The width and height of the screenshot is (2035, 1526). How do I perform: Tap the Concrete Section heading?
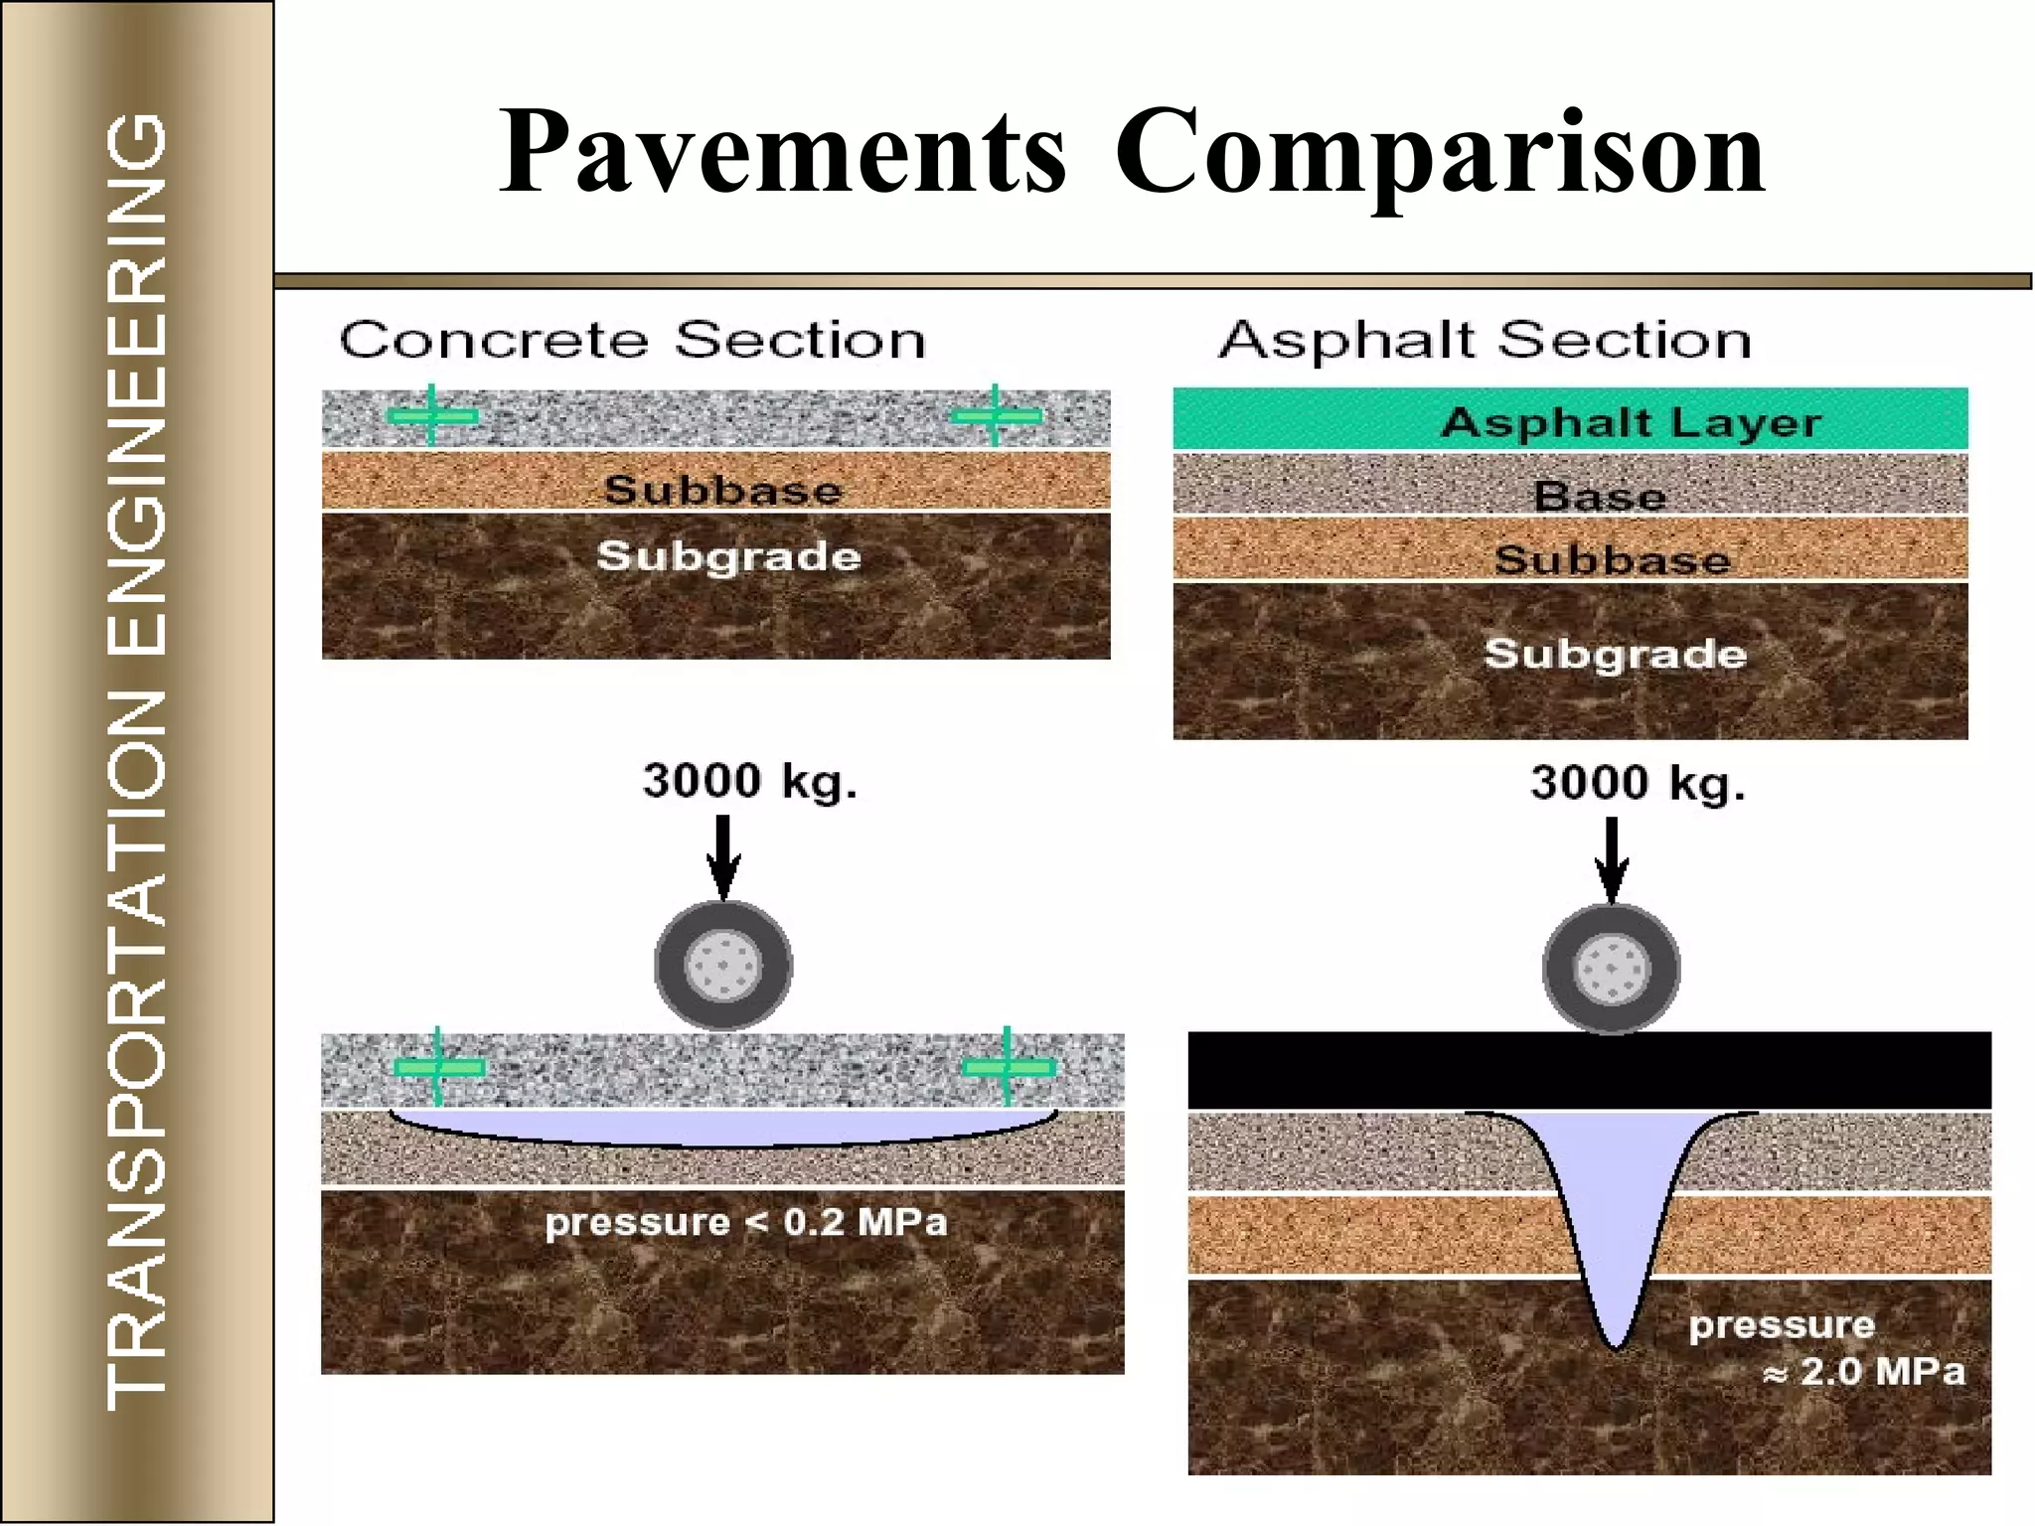(632, 340)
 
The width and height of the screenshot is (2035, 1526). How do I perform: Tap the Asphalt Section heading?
(1485, 340)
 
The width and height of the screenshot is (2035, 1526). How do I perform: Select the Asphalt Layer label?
(1631, 422)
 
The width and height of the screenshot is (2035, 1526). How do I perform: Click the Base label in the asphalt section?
(1600, 495)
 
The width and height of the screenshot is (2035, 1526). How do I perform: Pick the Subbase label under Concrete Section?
(722, 489)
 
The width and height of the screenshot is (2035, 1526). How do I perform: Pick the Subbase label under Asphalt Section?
(1612, 559)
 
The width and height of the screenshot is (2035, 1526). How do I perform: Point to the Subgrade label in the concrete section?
(728, 555)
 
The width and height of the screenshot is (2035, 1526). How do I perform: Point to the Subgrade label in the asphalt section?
(1615, 653)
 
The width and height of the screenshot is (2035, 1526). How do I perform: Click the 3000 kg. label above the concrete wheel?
(749, 781)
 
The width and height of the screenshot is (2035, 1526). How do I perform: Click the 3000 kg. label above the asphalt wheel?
(1637, 783)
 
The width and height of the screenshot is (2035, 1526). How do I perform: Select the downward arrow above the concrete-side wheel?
(723, 855)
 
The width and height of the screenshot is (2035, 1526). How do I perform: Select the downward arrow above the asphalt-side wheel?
(1611, 858)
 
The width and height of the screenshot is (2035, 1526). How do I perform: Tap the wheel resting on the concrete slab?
(723, 965)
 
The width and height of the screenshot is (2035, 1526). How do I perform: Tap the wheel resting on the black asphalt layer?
(1611, 968)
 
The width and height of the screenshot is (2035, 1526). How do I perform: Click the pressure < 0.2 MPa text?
(745, 1221)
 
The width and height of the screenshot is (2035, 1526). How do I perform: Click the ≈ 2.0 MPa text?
(1863, 1372)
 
